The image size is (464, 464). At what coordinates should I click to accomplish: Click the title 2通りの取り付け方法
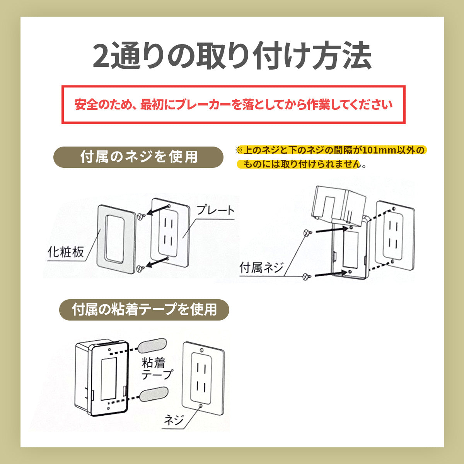(232, 56)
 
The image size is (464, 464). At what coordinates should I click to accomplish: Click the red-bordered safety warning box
(233, 104)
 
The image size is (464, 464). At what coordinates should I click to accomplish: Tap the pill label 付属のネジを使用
(138, 157)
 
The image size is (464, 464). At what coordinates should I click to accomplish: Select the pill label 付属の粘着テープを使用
(144, 310)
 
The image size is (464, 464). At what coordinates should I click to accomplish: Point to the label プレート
(215, 210)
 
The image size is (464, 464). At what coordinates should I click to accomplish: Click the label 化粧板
(66, 252)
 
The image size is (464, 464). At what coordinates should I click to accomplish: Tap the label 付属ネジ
(261, 268)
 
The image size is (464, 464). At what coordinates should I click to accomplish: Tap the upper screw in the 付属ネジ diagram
(307, 233)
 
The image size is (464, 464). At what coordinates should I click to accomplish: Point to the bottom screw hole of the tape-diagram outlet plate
(200, 406)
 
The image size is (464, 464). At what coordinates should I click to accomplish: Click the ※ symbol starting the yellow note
(239, 150)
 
